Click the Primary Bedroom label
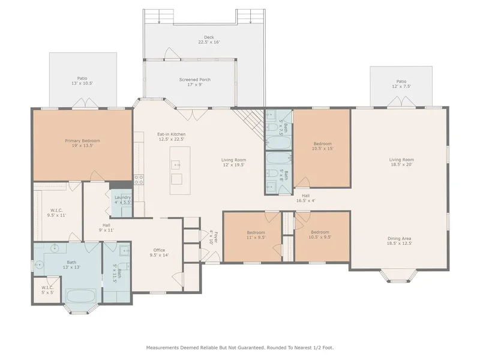click(x=82, y=143)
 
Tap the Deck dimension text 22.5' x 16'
click(x=209, y=42)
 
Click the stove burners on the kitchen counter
click(x=139, y=179)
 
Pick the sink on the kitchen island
click(x=176, y=164)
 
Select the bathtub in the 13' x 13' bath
click(x=81, y=296)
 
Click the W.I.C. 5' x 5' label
click(x=48, y=290)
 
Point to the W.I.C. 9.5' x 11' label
click(x=56, y=213)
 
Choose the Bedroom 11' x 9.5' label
click(x=256, y=235)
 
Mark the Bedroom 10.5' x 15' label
click(x=323, y=146)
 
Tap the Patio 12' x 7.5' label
click(x=401, y=84)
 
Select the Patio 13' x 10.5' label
click(x=82, y=81)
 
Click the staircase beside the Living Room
click(x=248, y=124)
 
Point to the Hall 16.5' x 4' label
click(x=306, y=198)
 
